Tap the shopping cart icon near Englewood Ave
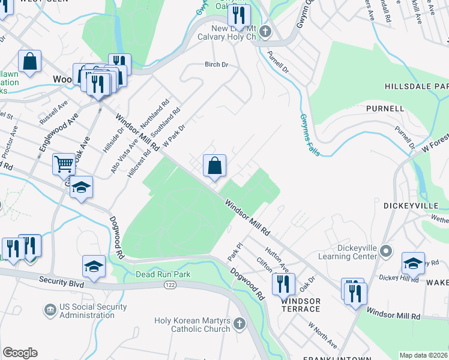[64, 163]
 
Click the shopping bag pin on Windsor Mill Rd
[214, 165]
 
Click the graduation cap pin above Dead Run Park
[93, 266]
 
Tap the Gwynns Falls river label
[310, 135]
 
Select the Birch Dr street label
[217, 64]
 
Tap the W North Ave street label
[322, 336]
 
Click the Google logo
[20, 353]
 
